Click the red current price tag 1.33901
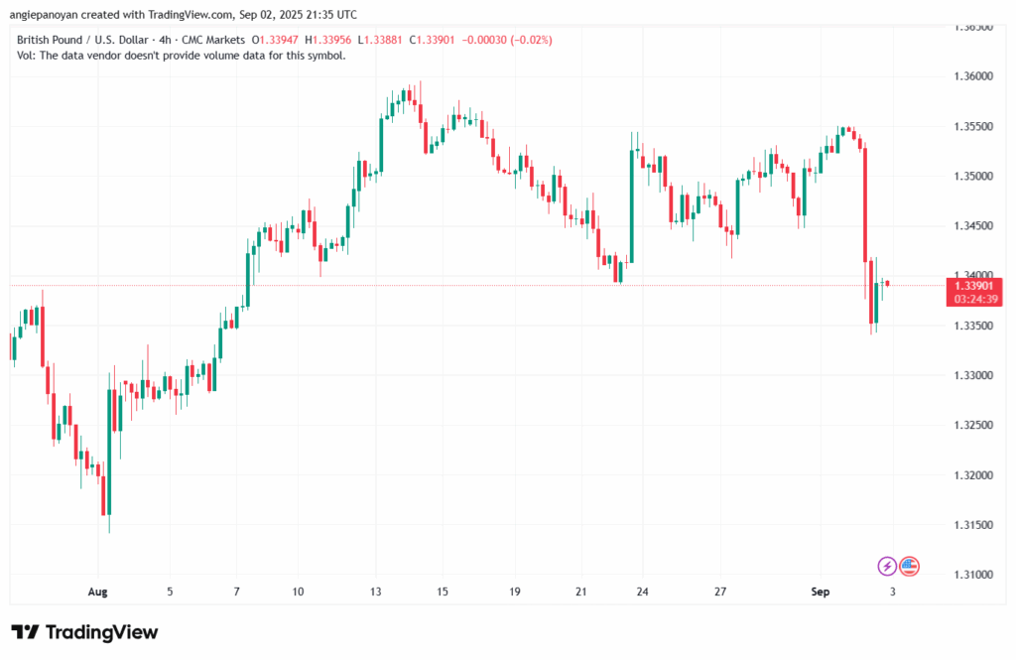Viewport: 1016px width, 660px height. pyautogui.click(x=975, y=286)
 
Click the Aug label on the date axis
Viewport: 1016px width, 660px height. pyautogui.click(x=96, y=592)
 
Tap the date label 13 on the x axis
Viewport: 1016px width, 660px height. pyautogui.click(x=375, y=592)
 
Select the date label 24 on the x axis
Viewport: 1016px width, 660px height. pyautogui.click(x=642, y=592)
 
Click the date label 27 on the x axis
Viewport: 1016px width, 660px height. pyautogui.click(x=721, y=592)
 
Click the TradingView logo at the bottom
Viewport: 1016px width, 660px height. pyautogui.click(x=84, y=632)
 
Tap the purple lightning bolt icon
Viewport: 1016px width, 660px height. pyautogui.click(x=887, y=566)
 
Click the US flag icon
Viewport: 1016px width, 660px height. pyautogui.click(x=909, y=566)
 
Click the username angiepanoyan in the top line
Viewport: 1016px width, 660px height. pyautogui.click(x=50, y=14)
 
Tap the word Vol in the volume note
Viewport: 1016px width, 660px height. pyautogui.click(x=27, y=56)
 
